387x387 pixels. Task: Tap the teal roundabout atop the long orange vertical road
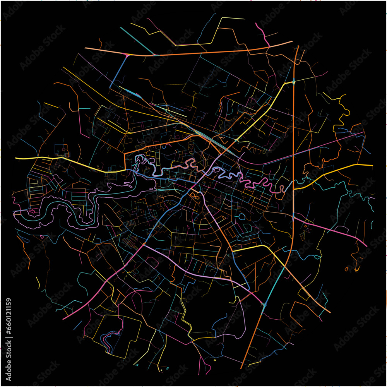coord(294,82)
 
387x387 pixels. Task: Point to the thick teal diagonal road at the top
coord(137,40)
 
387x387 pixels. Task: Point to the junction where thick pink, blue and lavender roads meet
coord(144,245)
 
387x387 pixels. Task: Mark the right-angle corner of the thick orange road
coord(125,154)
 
